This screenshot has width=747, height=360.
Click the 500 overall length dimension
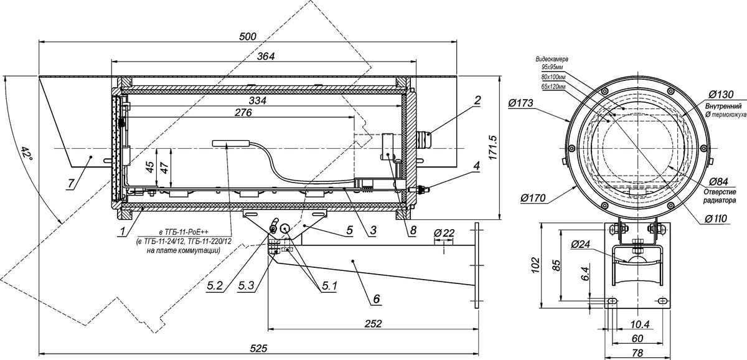pos(248,36)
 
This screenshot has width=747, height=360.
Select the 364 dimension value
pos(266,56)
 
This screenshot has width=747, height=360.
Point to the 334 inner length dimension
pos(258,100)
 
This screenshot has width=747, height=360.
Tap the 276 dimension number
pos(243,113)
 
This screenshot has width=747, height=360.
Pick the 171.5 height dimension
pos(494,147)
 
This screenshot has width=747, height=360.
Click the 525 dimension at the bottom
pos(259,348)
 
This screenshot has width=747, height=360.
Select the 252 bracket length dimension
pos(373,323)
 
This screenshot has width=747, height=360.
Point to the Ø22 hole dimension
pos(444,232)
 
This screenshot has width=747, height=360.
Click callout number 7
pos(71,183)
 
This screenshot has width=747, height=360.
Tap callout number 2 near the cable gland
pos(477,100)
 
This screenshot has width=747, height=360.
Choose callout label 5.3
pos(246,285)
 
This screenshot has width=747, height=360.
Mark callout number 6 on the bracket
pos(376,298)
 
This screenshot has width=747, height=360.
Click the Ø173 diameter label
pos(520,103)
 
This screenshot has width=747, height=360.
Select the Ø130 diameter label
pos(721,95)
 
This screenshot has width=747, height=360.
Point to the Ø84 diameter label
pos(718,182)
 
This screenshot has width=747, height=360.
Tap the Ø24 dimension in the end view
pos(581,245)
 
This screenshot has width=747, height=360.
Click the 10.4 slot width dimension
pos(641,324)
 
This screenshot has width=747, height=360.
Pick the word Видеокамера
pos(552,59)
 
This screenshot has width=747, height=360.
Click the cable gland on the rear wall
pos(423,139)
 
